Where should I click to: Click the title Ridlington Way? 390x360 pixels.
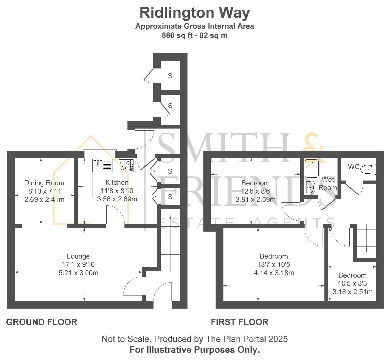[194, 13]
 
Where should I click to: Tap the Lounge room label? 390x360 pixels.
[78, 256]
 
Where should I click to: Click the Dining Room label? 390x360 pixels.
[44, 183]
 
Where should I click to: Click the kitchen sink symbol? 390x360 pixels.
[102, 165]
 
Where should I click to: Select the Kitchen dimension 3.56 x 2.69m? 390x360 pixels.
[117, 199]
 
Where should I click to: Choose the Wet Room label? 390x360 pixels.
[328, 183]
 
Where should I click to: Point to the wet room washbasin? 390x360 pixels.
[309, 187]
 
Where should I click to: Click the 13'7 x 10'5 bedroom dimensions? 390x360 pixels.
[274, 265]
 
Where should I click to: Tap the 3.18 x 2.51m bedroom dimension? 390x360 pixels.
[352, 292]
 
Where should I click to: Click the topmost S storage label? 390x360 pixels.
[170, 76]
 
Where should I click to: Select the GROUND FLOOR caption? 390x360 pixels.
[42, 322]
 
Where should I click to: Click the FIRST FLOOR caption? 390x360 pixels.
[240, 322]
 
